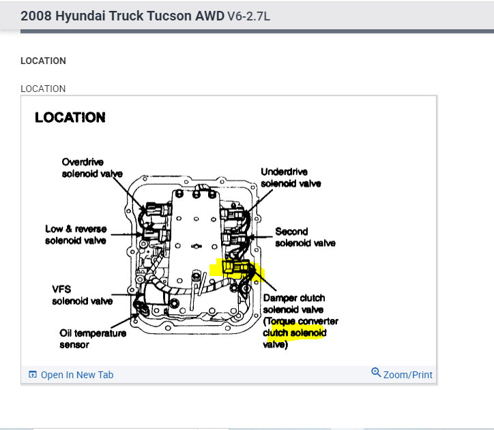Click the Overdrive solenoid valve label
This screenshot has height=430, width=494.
pos(92,168)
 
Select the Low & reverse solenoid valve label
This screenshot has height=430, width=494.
pos(75,234)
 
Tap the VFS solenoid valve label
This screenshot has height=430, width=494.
pos(82,294)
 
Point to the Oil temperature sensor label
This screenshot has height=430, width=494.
pos(92,339)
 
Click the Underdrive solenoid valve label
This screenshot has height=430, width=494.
pos(291,178)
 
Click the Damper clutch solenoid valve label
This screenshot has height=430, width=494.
pos(300,321)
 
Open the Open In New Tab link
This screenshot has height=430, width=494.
pos(76,375)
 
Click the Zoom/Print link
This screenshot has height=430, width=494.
pos(407,375)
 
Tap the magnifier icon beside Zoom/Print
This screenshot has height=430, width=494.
pos(376,373)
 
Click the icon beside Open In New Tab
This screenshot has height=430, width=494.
pos(32,375)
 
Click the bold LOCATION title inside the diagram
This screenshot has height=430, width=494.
pos(70,117)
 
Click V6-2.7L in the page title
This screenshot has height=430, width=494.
pos(248,15)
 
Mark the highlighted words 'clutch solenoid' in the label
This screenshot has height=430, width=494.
pos(295,333)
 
